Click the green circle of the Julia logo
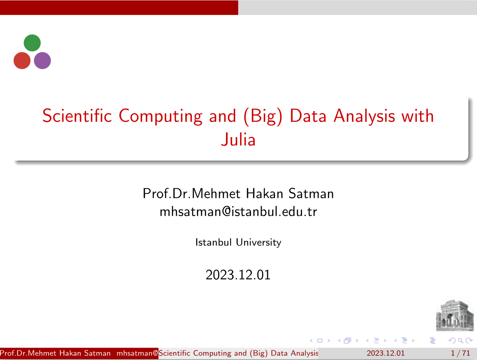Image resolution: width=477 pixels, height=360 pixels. (32, 43)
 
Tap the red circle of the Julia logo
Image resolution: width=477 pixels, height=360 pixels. (22, 61)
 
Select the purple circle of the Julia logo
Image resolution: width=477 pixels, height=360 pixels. (42, 61)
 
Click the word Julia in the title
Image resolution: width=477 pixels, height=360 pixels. (238, 140)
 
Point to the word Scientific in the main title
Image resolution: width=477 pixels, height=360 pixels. (77, 116)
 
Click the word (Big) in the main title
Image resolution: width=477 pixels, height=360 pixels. (263, 116)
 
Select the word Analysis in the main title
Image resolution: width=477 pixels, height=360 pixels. (364, 116)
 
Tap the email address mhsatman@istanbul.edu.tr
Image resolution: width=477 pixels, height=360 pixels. (238, 212)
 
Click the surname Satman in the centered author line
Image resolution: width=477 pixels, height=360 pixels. (311, 194)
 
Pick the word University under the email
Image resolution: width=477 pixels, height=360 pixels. (258, 242)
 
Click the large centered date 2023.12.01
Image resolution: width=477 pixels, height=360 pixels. (238, 275)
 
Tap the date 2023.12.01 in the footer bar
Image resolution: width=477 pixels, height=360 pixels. (386, 353)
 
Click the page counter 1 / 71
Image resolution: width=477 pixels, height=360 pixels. (460, 353)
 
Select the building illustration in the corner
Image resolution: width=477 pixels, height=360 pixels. (455, 315)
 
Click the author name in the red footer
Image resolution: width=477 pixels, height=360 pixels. (55, 353)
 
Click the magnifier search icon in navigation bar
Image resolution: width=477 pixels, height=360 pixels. (460, 340)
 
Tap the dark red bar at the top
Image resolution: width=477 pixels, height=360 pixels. (119, 7)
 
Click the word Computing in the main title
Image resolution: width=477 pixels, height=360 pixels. (160, 116)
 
